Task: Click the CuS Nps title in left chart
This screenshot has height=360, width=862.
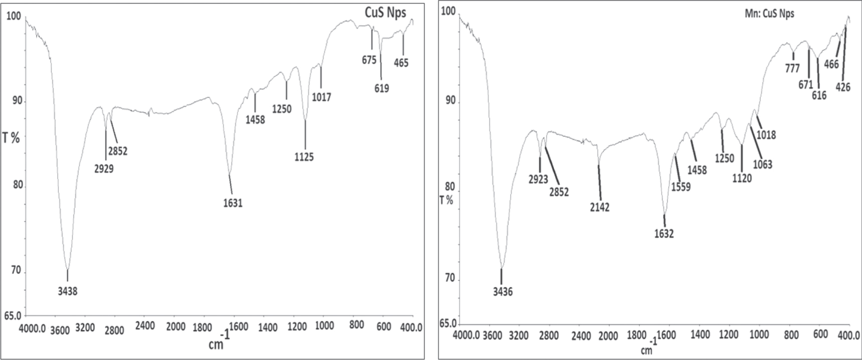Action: point(385,13)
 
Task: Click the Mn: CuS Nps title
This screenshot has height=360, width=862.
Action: point(769,14)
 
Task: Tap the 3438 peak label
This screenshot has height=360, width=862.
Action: point(68,291)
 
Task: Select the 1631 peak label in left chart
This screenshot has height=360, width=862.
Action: point(233,204)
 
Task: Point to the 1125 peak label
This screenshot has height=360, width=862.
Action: point(304,157)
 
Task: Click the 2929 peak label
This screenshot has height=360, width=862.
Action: point(104,169)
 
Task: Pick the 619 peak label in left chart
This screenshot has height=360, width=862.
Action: point(381,89)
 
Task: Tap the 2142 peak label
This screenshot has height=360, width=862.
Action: point(599,208)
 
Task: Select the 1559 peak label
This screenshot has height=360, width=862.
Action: point(681,187)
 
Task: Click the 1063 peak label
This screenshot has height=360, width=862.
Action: point(762,164)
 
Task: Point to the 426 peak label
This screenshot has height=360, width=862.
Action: point(843,88)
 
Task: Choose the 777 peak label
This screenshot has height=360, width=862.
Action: point(792,69)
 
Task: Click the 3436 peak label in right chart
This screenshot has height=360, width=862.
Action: point(503,292)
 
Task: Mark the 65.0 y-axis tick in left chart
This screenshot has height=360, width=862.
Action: point(13,316)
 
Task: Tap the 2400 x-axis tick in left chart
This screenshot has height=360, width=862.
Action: point(145,326)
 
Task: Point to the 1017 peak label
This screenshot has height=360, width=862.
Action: point(321,97)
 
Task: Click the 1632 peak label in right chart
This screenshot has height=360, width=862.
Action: point(664,234)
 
